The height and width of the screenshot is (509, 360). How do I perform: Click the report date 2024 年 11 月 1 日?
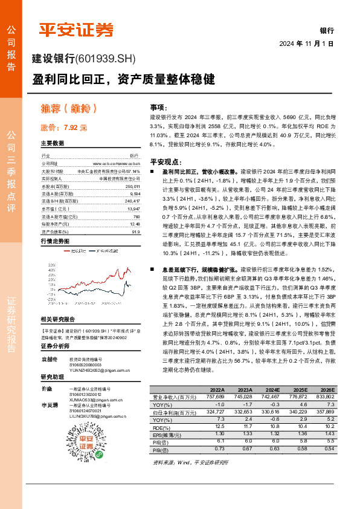[306, 43]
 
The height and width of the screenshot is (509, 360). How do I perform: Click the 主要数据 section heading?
[52, 143]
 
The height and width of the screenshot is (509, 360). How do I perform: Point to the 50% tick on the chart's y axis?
[52, 264]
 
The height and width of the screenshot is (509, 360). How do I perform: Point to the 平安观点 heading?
[165, 162]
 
